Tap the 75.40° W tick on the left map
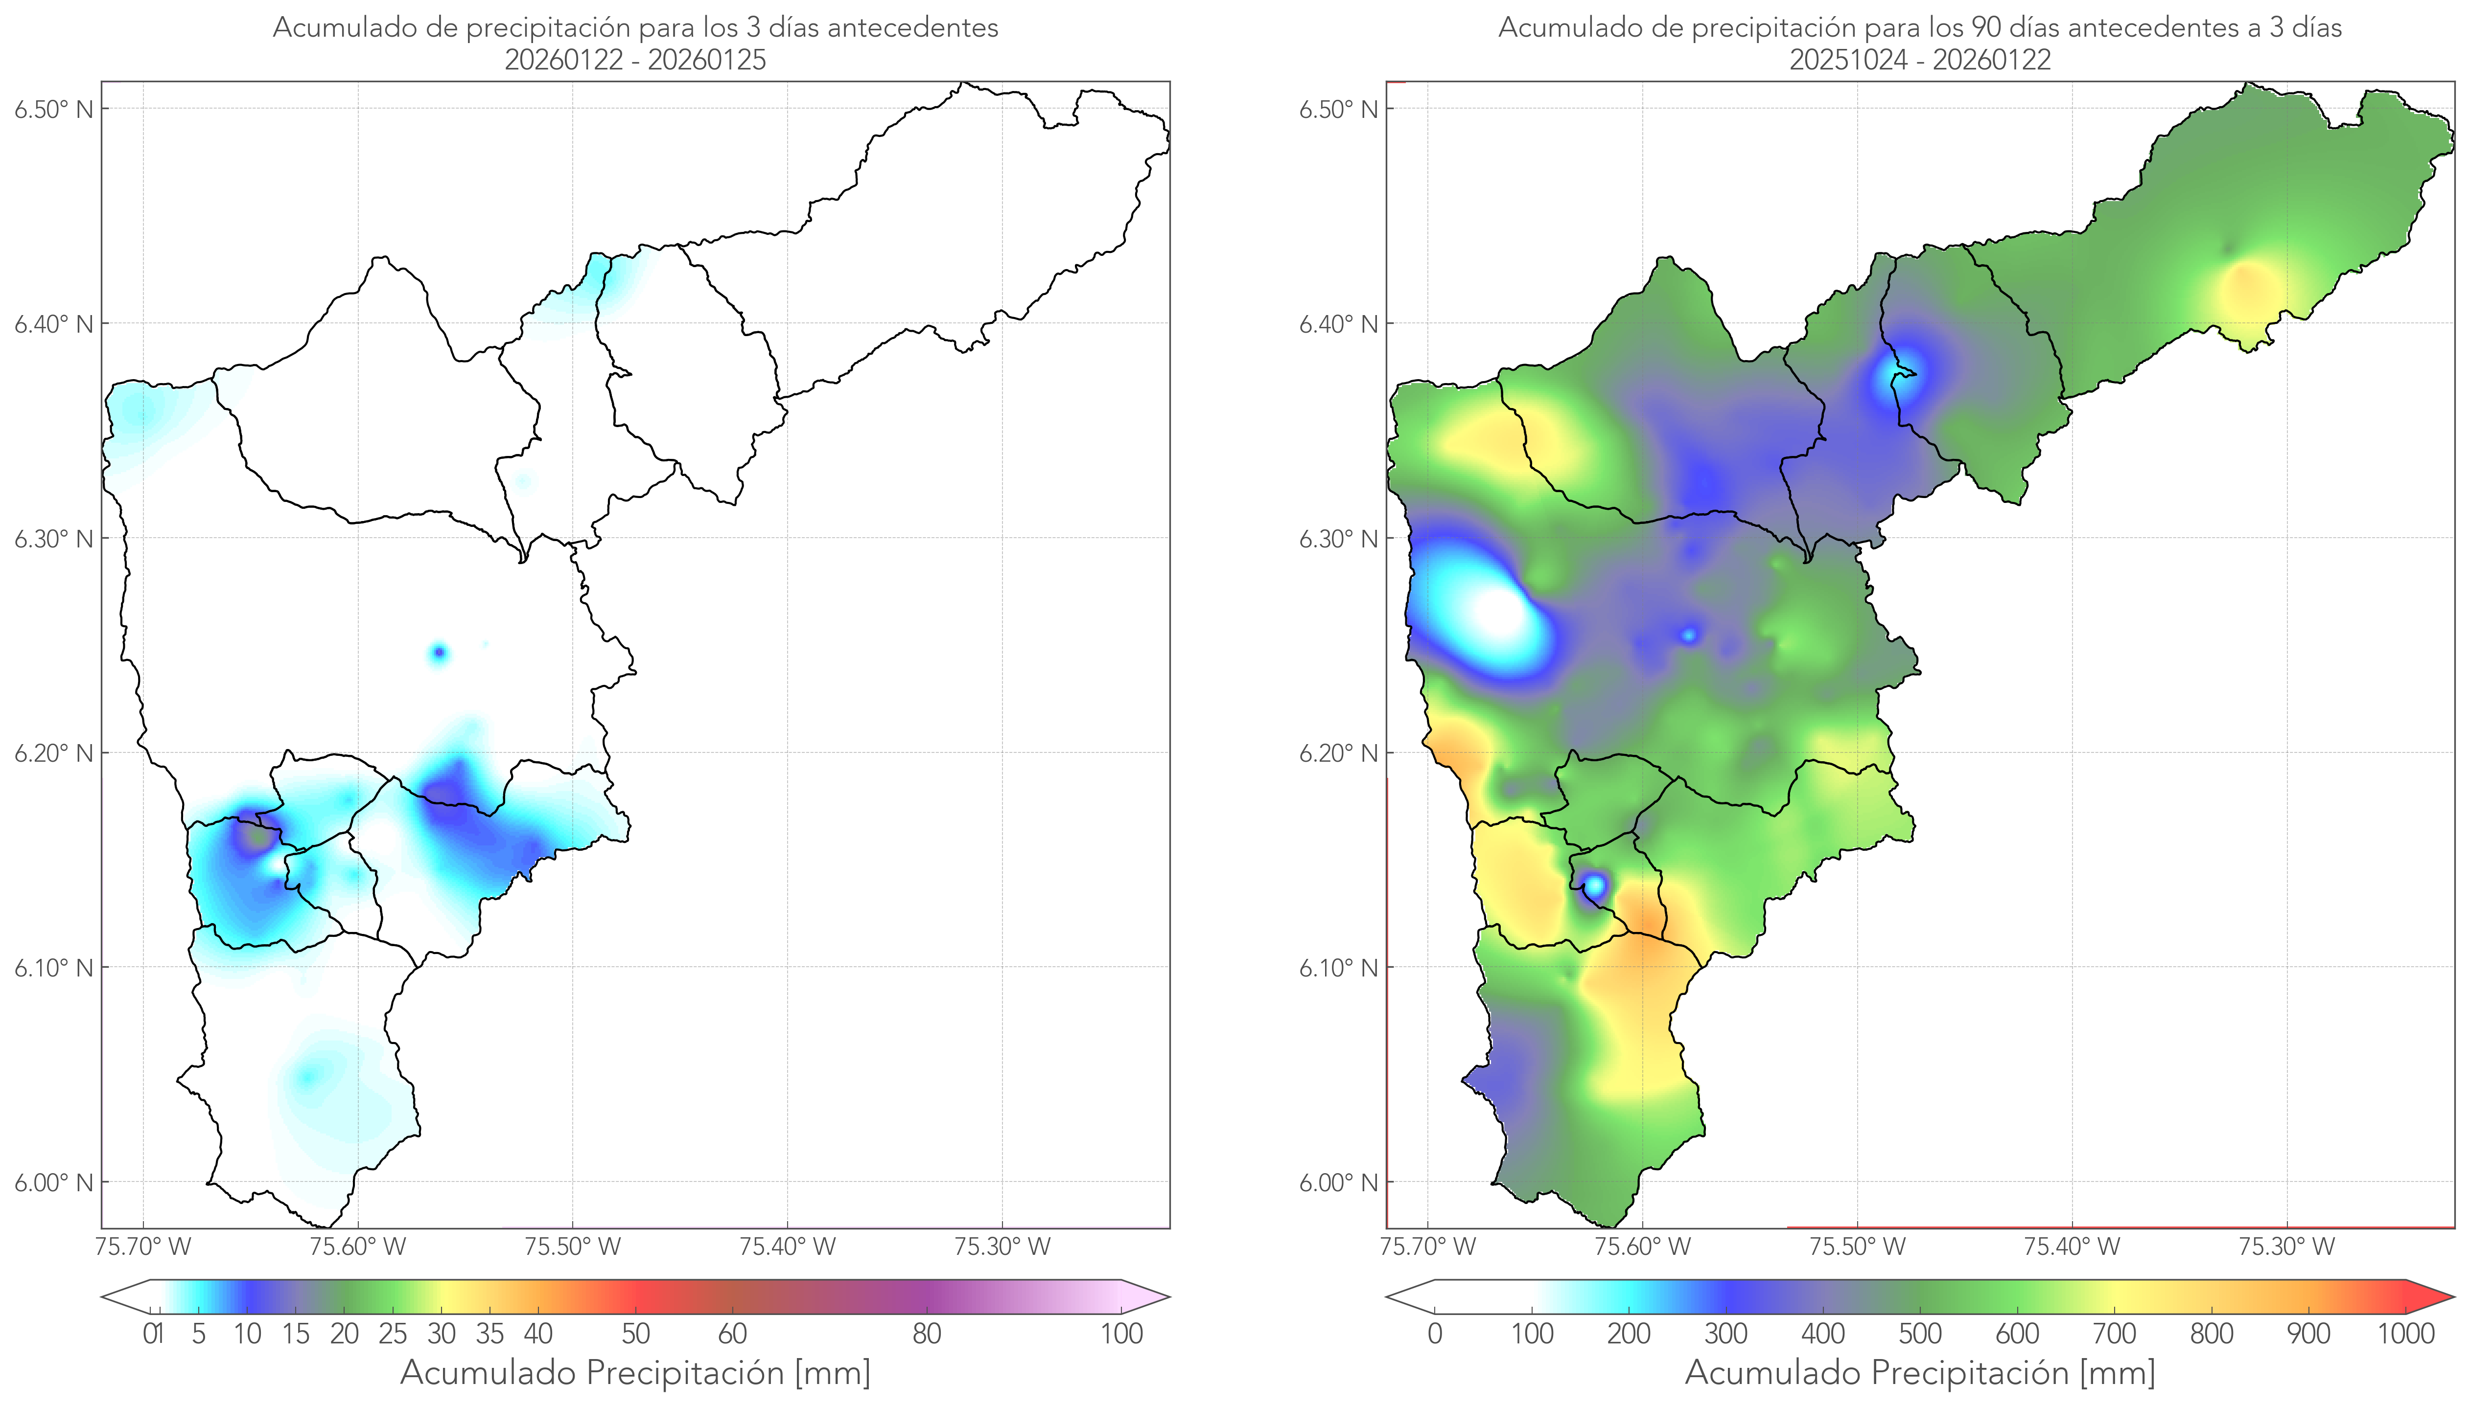click(787, 1247)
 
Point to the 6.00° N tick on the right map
click(1338, 1183)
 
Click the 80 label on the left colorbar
click(926, 1334)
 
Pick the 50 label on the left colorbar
click(635, 1334)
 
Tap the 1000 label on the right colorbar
click(2405, 1334)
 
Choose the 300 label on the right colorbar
click(1725, 1334)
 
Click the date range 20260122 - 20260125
click(635, 60)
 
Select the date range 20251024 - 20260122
click(1920, 60)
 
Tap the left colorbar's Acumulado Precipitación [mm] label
click(635, 1372)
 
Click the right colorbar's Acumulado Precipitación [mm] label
click(1920, 1372)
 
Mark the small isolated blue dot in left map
click(439, 653)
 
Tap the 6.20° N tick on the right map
click(1338, 753)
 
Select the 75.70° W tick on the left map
click(143, 1247)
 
